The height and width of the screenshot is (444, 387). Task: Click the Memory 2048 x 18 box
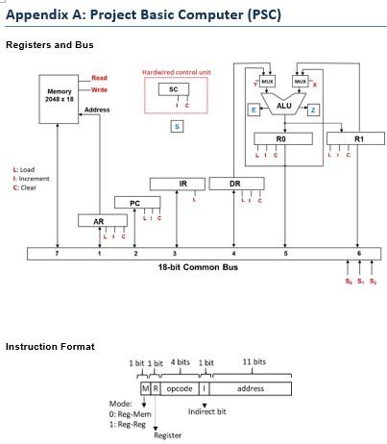pyautogui.click(x=60, y=97)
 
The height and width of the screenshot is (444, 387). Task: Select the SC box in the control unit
pyautogui.click(x=172, y=89)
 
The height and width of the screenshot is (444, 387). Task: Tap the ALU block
pyautogui.click(x=283, y=107)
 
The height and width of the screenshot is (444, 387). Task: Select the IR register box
pyautogui.click(x=182, y=184)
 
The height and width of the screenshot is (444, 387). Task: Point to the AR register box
pyautogui.click(x=98, y=221)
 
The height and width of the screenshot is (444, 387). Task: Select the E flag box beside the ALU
pyautogui.click(x=254, y=111)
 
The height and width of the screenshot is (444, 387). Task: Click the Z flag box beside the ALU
pyautogui.click(x=313, y=111)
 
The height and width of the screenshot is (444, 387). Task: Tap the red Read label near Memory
pyautogui.click(x=99, y=78)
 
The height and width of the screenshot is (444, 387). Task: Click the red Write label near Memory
pyautogui.click(x=99, y=89)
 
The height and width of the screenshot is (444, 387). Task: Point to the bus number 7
pyautogui.click(x=58, y=254)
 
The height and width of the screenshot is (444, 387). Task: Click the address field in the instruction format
pyautogui.click(x=251, y=388)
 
